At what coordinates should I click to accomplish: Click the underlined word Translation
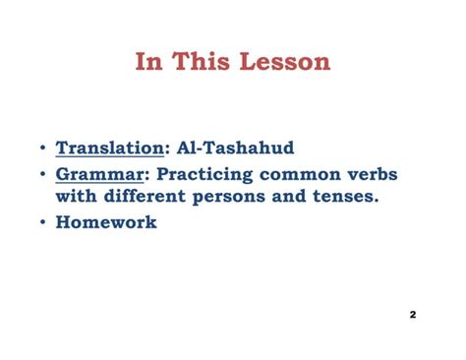108,149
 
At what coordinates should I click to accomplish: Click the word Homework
106,223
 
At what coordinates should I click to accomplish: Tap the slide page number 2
413,315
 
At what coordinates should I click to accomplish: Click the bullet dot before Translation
42,150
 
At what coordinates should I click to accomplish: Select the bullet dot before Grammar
42,174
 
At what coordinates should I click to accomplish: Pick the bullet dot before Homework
42,223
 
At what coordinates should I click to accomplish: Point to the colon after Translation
165,150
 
